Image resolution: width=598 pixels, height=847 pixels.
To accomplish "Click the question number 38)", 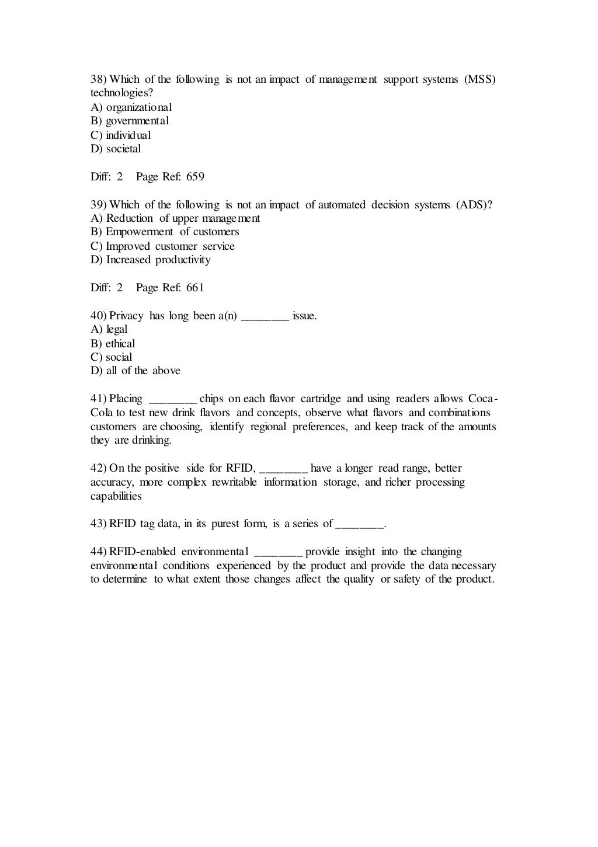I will click(99, 79).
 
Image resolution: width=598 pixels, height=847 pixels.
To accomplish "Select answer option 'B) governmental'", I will click(130, 121).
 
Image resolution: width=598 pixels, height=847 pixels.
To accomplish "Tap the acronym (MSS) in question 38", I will click(480, 79).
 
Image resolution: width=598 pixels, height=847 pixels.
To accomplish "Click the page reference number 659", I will click(195, 177).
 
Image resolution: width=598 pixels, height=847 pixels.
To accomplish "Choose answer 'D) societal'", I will click(116, 149).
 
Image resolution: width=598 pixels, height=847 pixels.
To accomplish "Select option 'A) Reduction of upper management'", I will click(175, 218).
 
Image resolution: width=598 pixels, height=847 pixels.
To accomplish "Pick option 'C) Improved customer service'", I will click(162, 246).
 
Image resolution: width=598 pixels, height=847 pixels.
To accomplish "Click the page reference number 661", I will click(195, 288).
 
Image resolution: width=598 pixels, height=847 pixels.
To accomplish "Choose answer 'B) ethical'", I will click(113, 344).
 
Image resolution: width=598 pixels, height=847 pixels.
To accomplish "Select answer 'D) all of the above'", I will click(135, 371).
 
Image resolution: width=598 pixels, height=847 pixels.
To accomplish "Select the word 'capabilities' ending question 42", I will click(116, 496).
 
